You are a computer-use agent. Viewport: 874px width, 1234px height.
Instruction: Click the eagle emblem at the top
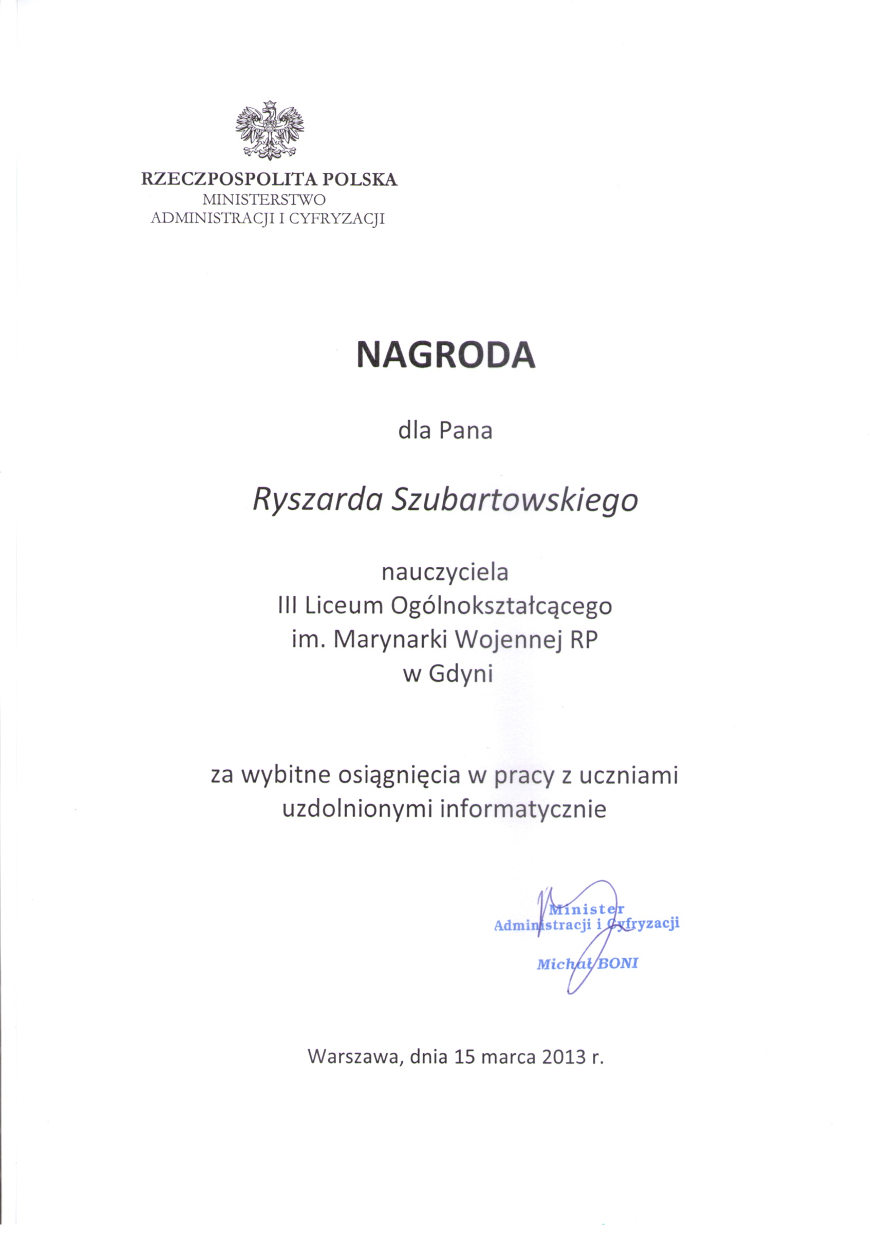tap(269, 130)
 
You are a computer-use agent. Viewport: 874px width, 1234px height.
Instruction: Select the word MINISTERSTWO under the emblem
tap(264, 200)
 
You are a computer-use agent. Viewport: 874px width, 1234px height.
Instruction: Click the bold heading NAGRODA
tap(445, 356)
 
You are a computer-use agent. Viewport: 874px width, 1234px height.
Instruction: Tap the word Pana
tap(466, 432)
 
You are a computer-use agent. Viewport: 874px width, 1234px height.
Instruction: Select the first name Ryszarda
tap(317, 500)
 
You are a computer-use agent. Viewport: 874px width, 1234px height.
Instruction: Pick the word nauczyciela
tap(445, 572)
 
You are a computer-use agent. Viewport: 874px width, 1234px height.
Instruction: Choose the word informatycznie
tap(523, 810)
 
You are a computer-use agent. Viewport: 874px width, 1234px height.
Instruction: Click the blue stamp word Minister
tap(586, 910)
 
